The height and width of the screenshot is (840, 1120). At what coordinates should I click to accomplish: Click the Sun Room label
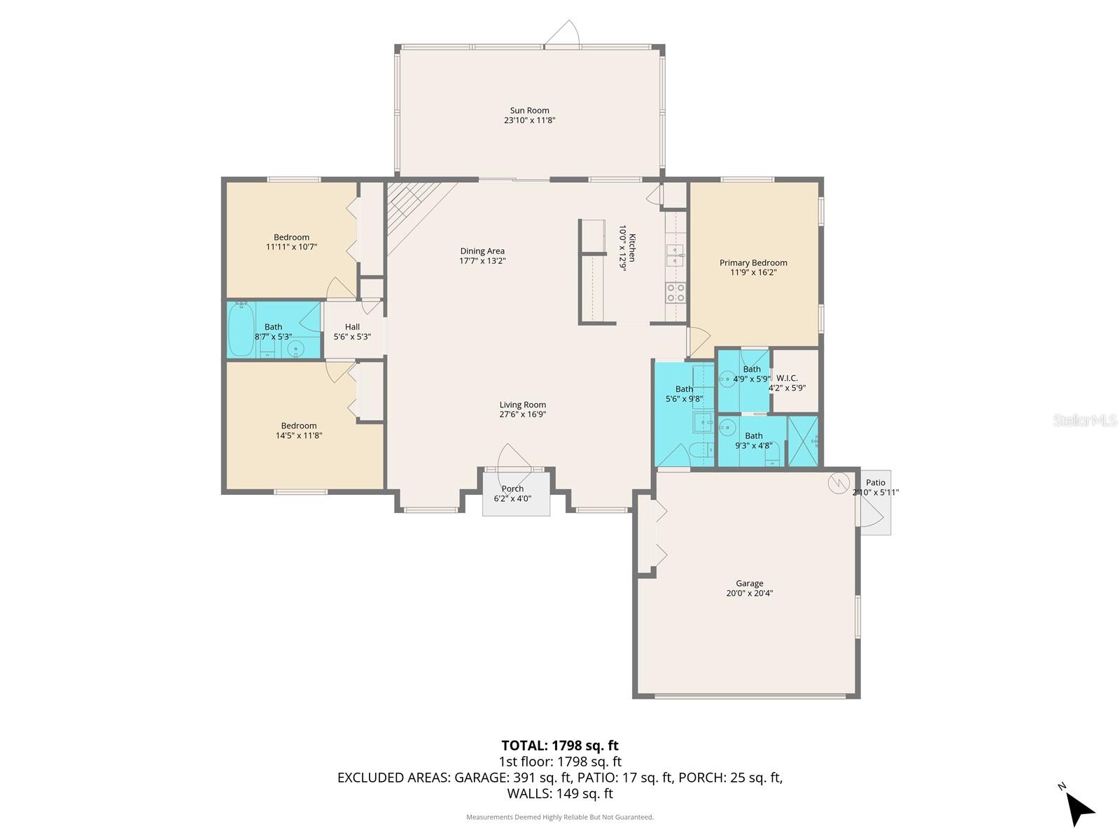529,111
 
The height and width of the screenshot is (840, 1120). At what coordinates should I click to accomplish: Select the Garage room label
749,583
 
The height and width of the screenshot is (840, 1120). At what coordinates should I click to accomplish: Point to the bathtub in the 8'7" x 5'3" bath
241,329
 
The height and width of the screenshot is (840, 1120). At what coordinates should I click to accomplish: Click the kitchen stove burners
675,293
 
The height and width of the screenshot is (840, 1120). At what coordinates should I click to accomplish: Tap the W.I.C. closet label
787,378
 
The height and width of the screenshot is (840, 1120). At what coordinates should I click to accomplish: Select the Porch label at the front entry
512,489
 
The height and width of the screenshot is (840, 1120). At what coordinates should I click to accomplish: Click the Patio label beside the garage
875,482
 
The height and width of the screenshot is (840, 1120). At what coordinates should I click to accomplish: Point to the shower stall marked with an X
803,441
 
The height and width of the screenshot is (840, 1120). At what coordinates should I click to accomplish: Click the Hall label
352,327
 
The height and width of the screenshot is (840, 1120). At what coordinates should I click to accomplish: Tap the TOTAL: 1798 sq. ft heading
559,745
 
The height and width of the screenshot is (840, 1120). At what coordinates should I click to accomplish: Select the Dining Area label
482,251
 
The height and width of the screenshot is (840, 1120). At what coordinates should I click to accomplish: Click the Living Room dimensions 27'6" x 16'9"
522,414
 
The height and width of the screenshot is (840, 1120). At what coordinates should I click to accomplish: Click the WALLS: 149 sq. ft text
559,794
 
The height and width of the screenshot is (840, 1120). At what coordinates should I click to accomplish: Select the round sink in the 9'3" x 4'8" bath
727,426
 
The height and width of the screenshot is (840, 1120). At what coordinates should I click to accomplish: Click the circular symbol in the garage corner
838,482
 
